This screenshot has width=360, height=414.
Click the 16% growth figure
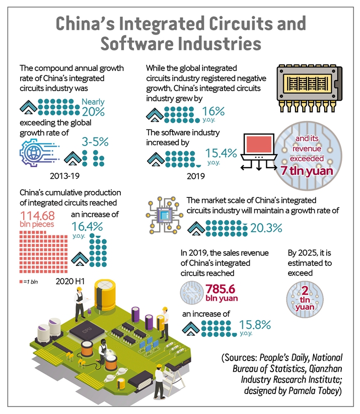point(213,111)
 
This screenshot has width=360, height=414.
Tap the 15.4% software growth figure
point(221,153)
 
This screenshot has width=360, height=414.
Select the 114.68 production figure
point(37,216)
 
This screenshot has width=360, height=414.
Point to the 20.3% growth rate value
point(266,228)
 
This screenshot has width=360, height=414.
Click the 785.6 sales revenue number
point(221,289)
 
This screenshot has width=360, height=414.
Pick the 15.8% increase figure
point(255,325)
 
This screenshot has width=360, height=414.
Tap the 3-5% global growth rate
point(95,142)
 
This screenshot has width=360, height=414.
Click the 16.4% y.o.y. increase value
point(87,227)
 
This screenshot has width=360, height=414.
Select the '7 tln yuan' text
point(307,171)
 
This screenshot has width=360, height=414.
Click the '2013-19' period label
point(64,176)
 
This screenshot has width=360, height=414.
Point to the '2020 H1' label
point(70,281)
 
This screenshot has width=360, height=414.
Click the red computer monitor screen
point(259,144)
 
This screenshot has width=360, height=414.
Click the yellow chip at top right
point(309,87)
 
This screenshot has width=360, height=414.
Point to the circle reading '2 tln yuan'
point(305,299)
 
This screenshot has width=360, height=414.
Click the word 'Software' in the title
point(139,43)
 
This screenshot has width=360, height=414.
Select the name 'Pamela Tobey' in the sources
point(314,390)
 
